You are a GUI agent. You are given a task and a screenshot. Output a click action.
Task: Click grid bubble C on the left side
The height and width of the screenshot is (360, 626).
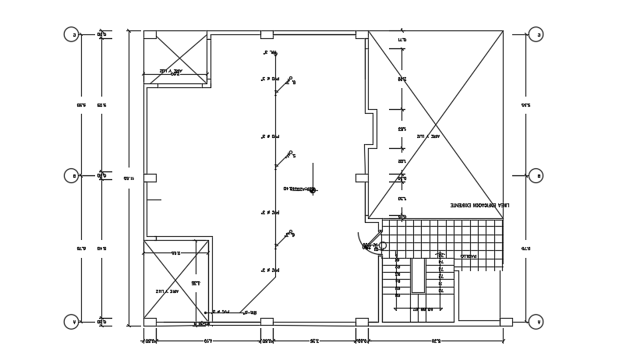click(71, 34)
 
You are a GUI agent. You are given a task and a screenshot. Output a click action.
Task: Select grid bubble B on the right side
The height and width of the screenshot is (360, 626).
click(536, 175)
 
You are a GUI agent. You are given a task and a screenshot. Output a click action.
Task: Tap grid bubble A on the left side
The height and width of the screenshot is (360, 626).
click(71, 321)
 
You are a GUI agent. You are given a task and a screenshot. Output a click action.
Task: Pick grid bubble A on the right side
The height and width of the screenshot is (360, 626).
click(536, 321)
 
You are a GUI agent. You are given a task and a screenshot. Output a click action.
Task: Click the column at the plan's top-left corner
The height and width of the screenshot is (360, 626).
click(150, 34)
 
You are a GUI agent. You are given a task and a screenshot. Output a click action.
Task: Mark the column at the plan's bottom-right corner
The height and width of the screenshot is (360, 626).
click(506, 321)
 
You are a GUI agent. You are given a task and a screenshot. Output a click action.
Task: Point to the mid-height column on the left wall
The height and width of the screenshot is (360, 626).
click(150, 178)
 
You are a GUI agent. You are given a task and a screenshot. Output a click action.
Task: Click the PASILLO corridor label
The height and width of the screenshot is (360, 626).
click(468, 255)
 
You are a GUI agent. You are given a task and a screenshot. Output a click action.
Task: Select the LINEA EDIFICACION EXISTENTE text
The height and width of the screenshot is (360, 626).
click(479, 204)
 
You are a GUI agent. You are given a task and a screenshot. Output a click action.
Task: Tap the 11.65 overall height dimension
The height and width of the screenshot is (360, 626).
click(127, 178)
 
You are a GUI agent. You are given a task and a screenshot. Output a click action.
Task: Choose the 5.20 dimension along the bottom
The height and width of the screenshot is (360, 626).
click(435, 341)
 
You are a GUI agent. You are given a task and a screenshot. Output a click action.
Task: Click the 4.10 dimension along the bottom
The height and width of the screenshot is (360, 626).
click(207, 341)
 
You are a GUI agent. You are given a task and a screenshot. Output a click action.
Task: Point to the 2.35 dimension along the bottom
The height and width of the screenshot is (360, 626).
click(313, 341)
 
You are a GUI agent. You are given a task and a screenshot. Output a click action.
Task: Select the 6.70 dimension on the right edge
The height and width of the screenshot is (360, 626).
click(526, 248)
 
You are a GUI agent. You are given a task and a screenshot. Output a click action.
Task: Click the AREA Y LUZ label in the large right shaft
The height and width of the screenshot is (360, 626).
click(428, 136)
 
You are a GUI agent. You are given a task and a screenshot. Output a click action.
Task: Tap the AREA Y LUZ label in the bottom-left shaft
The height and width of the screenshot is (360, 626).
click(167, 291)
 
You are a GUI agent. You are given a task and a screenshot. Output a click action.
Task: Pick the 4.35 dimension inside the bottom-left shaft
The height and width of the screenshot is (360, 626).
click(195, 282)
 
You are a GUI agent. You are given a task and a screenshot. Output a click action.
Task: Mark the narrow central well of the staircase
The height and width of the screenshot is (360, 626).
click(418, 275)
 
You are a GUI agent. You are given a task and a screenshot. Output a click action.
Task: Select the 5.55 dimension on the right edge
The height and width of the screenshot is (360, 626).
click(526, 104)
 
